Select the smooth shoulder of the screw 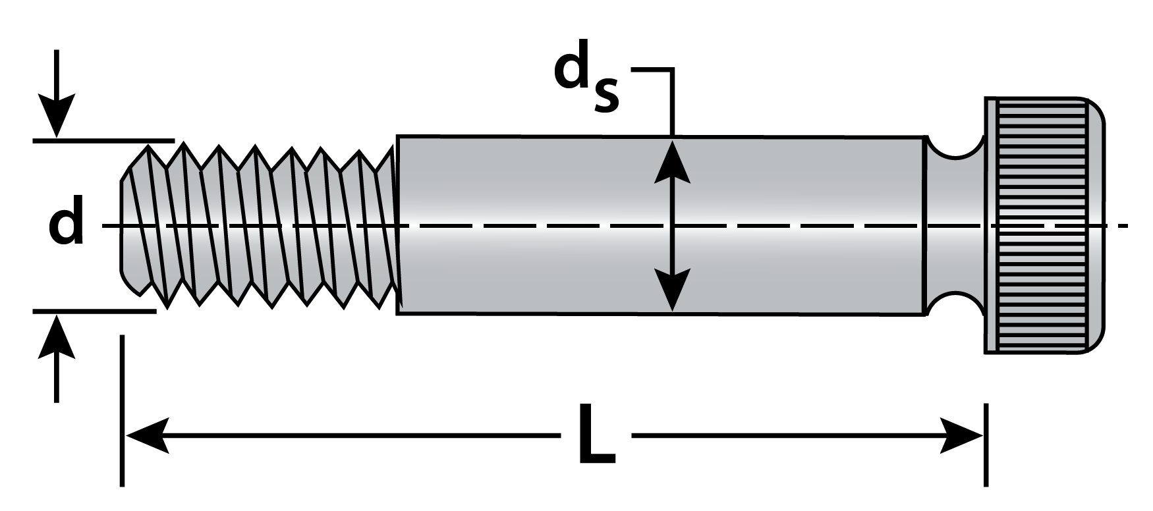tap(659, 198)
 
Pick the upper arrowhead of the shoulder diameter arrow tap(671, 161)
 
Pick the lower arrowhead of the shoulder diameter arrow tap(671, 290)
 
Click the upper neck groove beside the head tap(955, 148)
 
